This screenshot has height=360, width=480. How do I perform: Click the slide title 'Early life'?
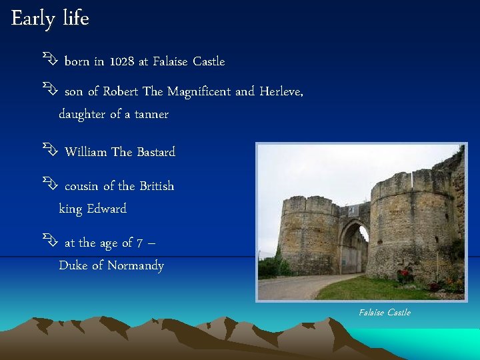(50, 19)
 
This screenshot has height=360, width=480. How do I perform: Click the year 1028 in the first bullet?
(121, 61)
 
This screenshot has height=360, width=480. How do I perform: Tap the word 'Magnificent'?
(199, 91)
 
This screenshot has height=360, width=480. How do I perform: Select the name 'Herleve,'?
(281, 91)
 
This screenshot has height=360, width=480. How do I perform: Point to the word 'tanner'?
(151, 114)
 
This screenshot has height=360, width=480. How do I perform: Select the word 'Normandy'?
(135, 265)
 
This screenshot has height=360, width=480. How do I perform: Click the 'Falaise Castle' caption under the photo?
(385, 313)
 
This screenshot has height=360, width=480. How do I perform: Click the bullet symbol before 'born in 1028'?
(49, 61)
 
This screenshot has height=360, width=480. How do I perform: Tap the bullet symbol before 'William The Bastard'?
(49, 152)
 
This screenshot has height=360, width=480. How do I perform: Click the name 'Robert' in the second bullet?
(121, 91)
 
